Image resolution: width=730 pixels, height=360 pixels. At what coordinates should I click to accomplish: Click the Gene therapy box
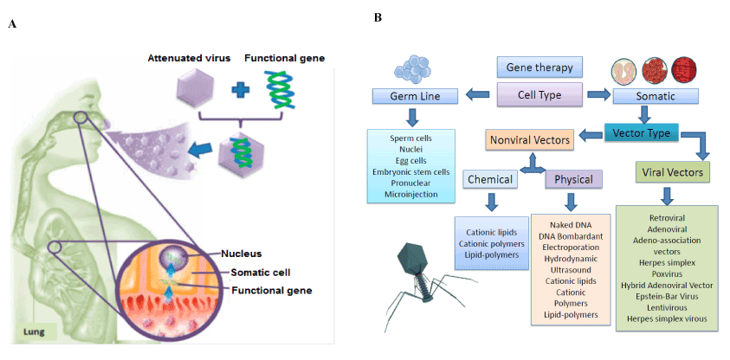tap(539, 67)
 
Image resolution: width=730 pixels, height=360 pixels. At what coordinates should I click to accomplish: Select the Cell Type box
tap(538, 93)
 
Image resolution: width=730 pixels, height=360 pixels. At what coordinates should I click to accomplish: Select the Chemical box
tap(491, 179)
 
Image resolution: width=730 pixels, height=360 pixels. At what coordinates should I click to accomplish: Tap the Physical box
tap(572, 179)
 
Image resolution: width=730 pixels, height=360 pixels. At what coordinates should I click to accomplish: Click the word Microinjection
tap(413, 194)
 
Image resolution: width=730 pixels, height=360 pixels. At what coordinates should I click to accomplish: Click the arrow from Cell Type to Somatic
tap(597, 93)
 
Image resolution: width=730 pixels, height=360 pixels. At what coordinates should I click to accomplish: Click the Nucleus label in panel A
tap(241, 254)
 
